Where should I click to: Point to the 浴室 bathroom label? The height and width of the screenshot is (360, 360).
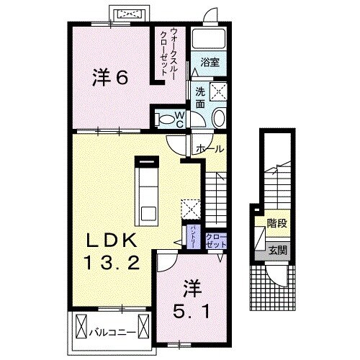(210, 63)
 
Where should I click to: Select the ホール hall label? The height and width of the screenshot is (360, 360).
(210, 149)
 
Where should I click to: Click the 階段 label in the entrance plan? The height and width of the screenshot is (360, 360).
(276, 224)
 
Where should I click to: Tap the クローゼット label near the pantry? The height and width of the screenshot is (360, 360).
(216, 240)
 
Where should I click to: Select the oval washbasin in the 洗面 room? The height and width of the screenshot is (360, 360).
(218, 120)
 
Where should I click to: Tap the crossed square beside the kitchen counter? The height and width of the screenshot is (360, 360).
(190, 208)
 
